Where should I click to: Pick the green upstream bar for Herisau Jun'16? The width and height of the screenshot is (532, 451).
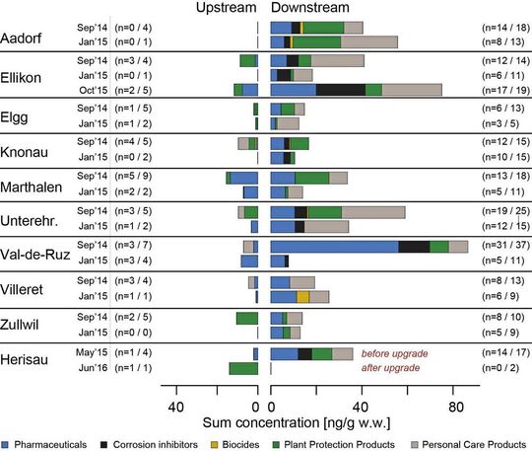click(243, 368)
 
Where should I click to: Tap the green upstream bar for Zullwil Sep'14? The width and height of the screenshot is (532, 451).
click(246, 318)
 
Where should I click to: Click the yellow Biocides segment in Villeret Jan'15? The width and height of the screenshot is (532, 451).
click(303, 296)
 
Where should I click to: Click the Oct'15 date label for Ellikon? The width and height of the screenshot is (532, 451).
click(90, 89)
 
